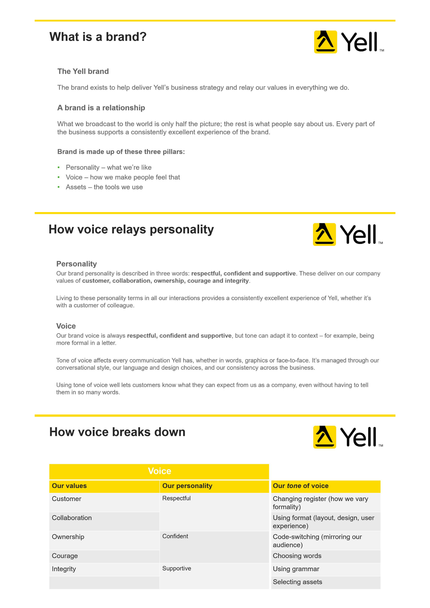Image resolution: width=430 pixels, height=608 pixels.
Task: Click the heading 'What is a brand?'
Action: point(98,37)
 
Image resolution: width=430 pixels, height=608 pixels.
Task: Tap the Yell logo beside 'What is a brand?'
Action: point(348,42)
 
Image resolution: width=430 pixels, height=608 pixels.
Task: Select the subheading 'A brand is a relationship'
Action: point(101,108)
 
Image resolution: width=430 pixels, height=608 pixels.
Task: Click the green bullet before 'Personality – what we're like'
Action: point(59,167)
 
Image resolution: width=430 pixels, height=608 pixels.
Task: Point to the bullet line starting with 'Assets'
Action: point(104,187)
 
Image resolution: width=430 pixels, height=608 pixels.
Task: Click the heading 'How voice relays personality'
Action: point(131,229)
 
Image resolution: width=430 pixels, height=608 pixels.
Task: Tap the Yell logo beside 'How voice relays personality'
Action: point(347,234)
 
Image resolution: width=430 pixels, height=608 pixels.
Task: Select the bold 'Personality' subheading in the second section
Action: point(76,264)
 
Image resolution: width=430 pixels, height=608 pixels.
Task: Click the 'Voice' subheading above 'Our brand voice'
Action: point(66,326)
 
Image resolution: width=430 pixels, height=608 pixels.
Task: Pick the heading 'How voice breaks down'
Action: point(117,432)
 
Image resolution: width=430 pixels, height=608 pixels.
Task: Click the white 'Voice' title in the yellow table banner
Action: point(159,471)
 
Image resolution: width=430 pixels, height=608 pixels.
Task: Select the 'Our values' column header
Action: point(69,486)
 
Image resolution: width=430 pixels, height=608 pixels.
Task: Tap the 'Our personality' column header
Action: point(187,486)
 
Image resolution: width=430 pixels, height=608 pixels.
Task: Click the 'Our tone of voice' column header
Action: point(300,486)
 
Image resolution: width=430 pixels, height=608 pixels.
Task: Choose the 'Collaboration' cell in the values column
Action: point(72,518)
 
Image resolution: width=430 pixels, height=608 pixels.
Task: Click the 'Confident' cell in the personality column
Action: point(175,536)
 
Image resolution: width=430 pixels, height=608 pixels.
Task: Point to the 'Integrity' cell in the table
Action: point(64,569)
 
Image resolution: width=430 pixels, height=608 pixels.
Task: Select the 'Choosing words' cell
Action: point(297,556)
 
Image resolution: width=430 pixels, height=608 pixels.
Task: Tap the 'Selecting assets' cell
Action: point(297,582)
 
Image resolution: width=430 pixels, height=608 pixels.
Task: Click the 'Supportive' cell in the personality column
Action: point(177,568)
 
